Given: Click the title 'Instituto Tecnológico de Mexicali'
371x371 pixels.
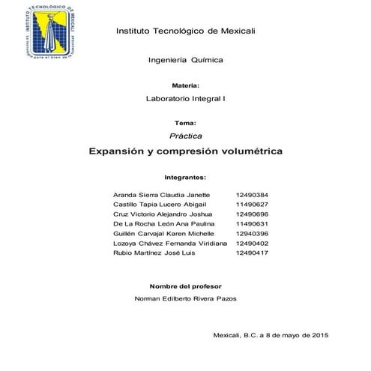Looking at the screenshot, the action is tap(185, 31).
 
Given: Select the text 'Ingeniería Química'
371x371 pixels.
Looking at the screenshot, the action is tap(185, 59).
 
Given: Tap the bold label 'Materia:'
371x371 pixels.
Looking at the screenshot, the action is tap(185, 86).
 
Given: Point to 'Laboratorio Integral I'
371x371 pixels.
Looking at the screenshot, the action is tap(185, 99).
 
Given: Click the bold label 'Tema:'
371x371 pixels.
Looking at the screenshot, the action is tap(185, 122).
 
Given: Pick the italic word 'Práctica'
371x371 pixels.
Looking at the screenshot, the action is tap(185, 135).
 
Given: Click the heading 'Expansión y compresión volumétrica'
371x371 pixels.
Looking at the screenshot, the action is tap(185, 151).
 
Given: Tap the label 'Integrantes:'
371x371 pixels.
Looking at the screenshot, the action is tap(185, 178).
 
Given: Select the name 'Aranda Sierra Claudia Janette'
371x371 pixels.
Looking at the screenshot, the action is tap(160, 195).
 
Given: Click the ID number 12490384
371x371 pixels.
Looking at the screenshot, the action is tap(252, 195).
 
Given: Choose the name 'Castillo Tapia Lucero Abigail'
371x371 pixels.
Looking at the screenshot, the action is tap(161, 205).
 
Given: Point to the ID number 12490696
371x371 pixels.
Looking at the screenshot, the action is tap(252, 214).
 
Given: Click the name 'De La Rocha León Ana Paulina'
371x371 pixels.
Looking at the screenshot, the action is tap(163, 224).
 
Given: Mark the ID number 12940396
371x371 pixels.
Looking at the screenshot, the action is tap(252, 234).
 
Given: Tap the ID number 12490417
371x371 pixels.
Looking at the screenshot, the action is tap(252, 253).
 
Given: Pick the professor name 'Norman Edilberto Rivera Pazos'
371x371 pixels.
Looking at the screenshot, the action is tap(185, 299).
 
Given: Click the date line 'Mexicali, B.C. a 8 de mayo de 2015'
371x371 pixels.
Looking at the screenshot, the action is tap(271, 334).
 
